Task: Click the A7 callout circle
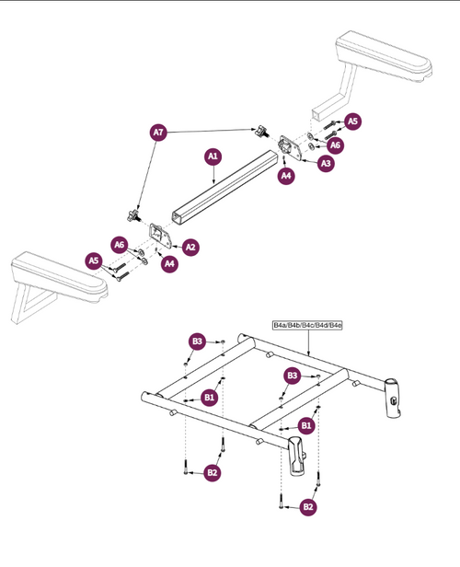point(158,133)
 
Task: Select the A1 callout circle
point(212,157)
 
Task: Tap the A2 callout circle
point(190,247)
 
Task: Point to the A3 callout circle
point(325,163)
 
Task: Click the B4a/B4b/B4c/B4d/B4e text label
point(307,326)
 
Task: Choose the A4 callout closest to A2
point(169,264)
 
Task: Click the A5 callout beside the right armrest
point(353,121)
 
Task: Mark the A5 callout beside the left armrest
point(94,260)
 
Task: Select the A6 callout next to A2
point(119,244)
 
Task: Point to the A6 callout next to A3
point(336,145)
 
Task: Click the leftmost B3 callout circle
point(197,341)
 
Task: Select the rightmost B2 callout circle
point(308,505)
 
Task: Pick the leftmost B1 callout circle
point(210,398)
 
